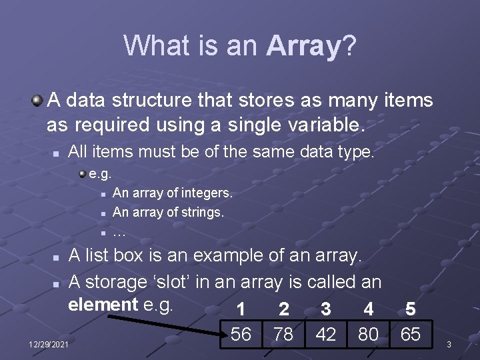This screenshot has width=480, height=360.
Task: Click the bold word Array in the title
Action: pos(303,46)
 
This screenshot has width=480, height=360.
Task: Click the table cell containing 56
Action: pos(241,334)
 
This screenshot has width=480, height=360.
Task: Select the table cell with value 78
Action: pos(283,334)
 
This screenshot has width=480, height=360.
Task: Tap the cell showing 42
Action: pos(325,334)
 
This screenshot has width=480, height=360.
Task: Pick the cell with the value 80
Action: pos(368,334)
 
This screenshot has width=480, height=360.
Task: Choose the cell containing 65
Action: pos(410,334)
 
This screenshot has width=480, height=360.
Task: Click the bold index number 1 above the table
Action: pos(241,310)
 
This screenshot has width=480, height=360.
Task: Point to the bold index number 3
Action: pos(325,310)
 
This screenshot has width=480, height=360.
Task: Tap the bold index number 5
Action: pos(410,310)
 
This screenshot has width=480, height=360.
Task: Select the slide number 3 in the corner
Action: pos(449,344)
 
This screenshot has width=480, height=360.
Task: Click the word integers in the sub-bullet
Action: pos(203,193)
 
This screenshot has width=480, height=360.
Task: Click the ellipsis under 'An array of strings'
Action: pos(119,233)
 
